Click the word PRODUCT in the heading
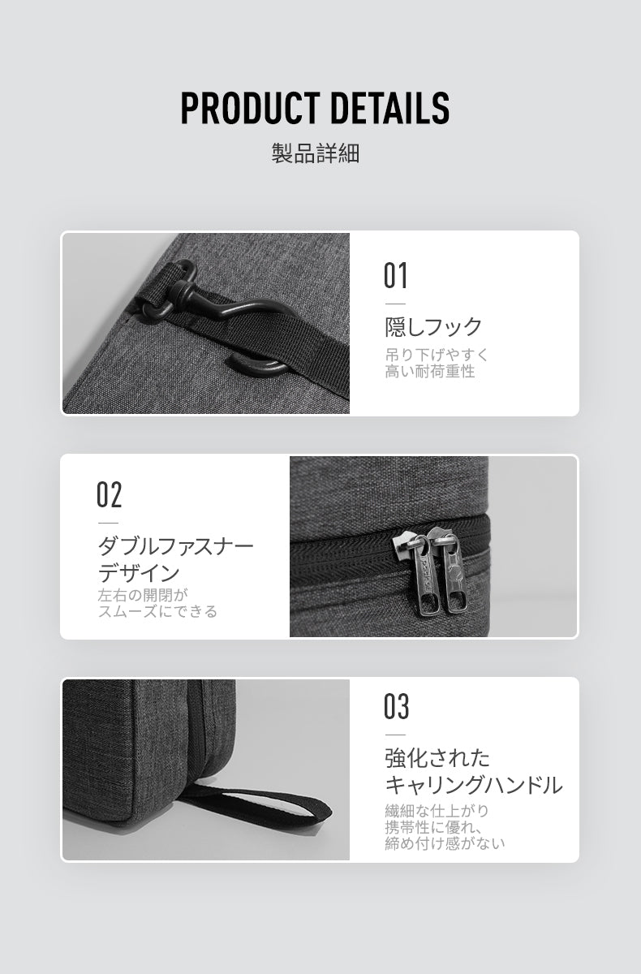pyautogui.click(x=249, y=108)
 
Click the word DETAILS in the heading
pyautogui.click(x=389, y=108)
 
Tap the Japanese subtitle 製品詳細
pyautogui.click(x=316, y=153)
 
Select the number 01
pyautogui.click(x=395, y=275)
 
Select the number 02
pyautogui.click(x=109, y=494)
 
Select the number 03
pyautogui.click(x=396, y=706)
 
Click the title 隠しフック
pyautogui.click(x=433, y=327)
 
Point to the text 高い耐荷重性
pyautogui.click(x=430, y=372)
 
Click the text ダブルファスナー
pyautogui.click(x=175, y=546)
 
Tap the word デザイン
pyautogui.click(x=139, y=573)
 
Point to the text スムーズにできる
pyautogui.click(x=157, y=611)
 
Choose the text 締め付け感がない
pyautogui.click(x=445, y=843)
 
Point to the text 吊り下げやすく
pyautogui.click(x=437, y=355)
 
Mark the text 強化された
pyautogui.click(x=437, y=758)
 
